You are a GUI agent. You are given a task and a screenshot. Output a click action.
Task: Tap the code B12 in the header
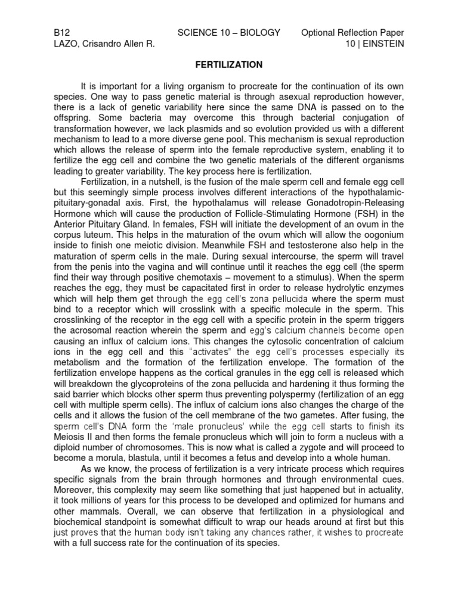click(61, 32)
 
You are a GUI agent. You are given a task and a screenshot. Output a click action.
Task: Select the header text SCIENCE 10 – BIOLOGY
click(228, 32)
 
